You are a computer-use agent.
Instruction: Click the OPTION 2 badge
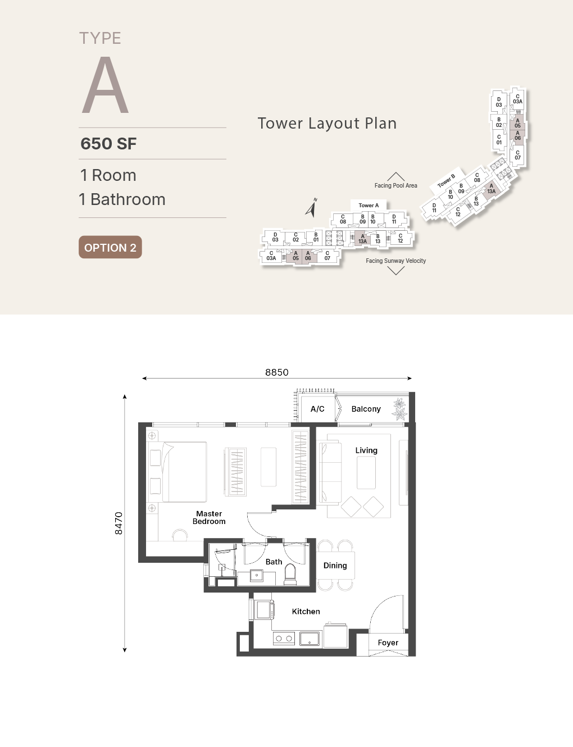110,247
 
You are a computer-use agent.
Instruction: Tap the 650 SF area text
108,144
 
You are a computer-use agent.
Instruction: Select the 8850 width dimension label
277,372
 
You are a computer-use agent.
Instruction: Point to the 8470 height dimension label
118,523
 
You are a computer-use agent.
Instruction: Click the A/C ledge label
317,409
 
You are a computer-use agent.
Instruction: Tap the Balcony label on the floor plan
366,409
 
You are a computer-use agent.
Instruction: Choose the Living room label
366,450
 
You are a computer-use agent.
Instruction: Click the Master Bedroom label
209,517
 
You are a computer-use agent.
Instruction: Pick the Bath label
274,562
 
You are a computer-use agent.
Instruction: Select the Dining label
335,566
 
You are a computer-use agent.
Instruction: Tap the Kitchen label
306,611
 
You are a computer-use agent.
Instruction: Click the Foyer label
388,643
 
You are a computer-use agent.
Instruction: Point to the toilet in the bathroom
290,574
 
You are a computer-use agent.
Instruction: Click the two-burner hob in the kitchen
284,639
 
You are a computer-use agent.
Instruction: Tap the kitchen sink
310,639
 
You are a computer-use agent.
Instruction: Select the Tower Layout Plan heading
328,123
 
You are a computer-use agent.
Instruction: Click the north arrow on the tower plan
311,208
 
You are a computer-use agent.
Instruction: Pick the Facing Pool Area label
396,185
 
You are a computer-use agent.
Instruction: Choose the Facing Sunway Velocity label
395,261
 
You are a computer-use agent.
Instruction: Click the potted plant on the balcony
400,409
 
